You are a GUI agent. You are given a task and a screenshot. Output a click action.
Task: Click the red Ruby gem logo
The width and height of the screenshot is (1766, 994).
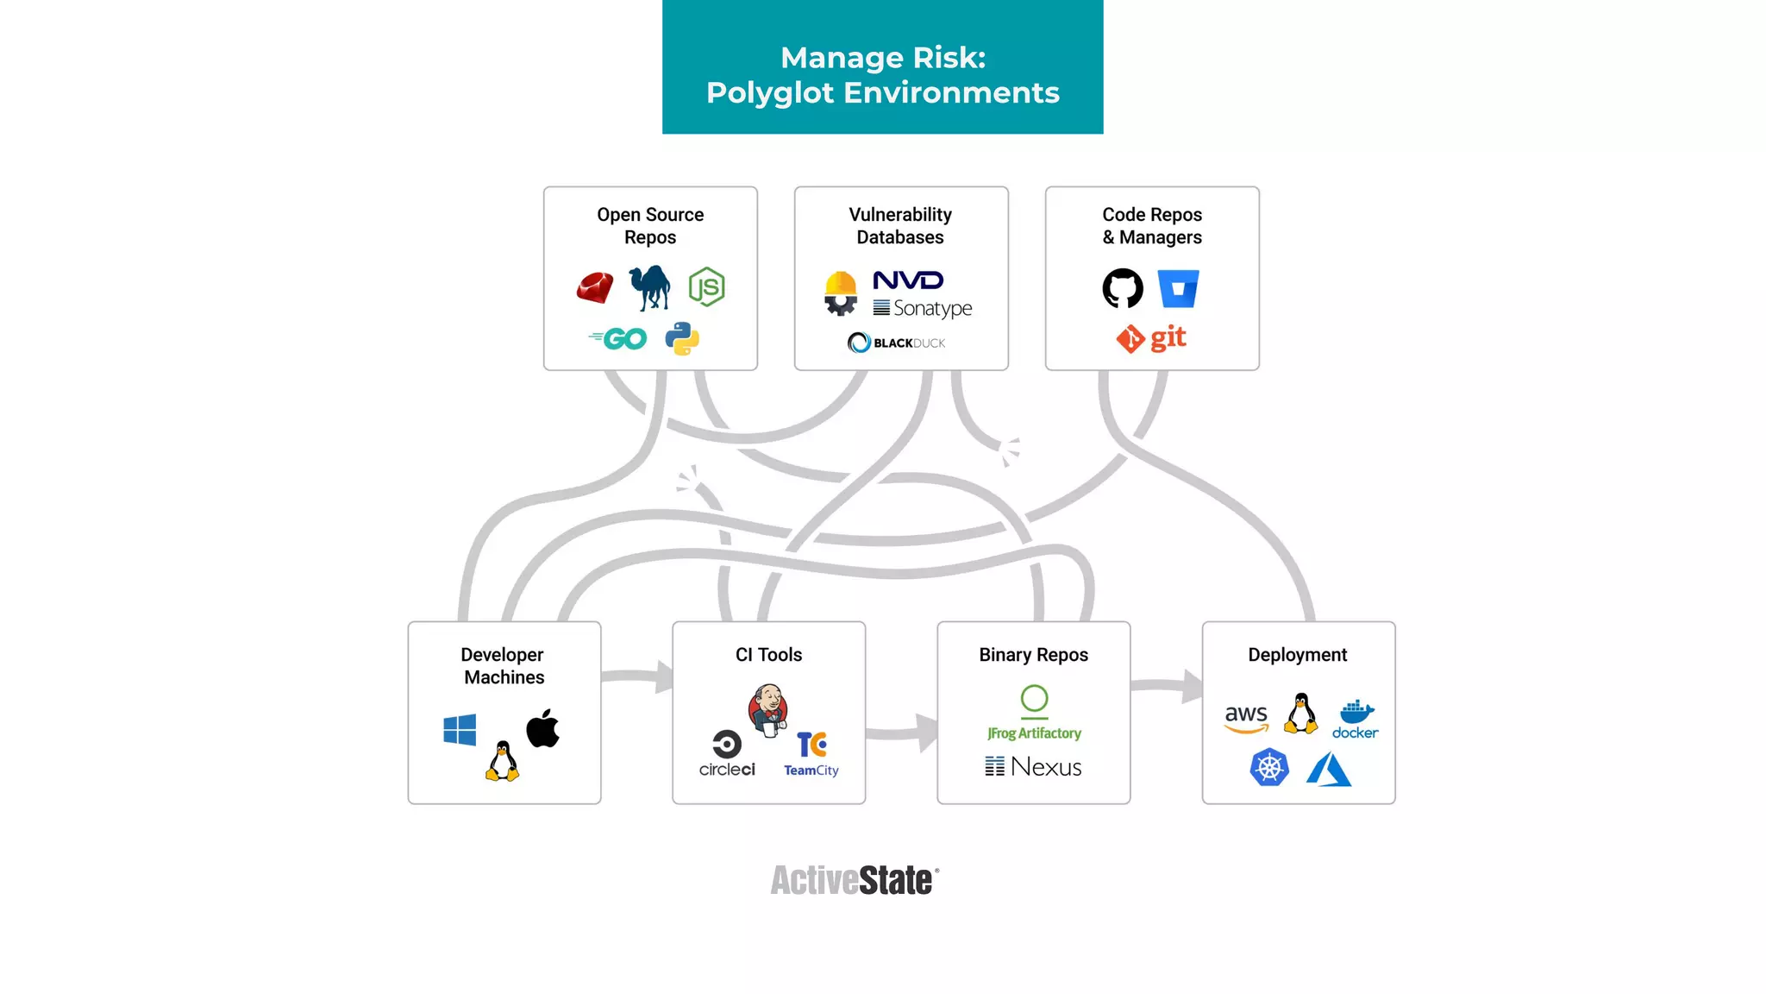595,288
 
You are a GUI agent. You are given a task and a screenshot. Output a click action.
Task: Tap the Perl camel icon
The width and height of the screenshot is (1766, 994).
650,287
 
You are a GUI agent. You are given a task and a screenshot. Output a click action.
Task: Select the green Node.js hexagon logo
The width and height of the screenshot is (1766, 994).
706,287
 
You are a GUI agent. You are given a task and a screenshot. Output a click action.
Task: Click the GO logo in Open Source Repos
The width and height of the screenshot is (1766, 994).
618,338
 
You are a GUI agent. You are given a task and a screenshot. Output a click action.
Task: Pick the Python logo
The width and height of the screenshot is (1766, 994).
682,339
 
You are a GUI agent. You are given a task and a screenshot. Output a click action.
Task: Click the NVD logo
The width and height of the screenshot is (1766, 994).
908,280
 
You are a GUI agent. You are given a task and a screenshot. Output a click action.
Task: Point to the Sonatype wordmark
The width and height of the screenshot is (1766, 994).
923,308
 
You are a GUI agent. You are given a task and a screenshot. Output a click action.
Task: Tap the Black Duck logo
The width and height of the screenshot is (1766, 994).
896,343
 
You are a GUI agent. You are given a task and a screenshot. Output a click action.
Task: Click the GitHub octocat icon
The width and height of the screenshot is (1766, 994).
1123,288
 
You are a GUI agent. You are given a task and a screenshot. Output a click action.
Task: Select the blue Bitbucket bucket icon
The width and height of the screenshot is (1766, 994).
1178,288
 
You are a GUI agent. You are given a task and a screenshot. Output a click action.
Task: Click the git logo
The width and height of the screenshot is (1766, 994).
1151,338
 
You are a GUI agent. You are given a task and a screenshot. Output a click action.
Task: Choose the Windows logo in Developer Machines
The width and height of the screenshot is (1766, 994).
460,730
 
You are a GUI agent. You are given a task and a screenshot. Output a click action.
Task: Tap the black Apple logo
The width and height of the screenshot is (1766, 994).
542,728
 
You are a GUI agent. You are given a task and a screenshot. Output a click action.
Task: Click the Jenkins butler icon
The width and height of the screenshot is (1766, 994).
768,709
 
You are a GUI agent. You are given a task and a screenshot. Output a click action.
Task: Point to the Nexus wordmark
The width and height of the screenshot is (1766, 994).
1033,766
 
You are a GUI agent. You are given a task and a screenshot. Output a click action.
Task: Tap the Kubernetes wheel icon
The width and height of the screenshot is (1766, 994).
1269,767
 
